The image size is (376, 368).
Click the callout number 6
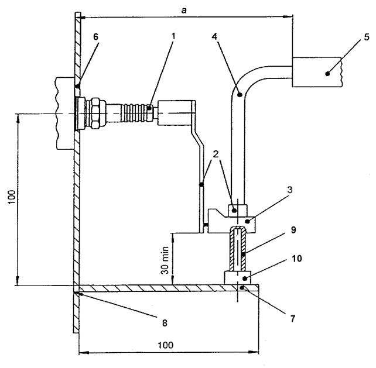pos(95,37)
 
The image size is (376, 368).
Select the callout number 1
pos(173,36)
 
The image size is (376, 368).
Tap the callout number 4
pos(214,37)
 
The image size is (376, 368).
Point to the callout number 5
pos(367,37)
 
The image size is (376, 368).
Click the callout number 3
pos(290,190)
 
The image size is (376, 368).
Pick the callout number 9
pos(293,230)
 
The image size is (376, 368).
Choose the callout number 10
pos(297,259)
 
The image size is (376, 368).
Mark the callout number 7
pos(293,319)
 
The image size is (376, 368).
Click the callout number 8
pos(165,323)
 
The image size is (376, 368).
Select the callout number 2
pos(216,154)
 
